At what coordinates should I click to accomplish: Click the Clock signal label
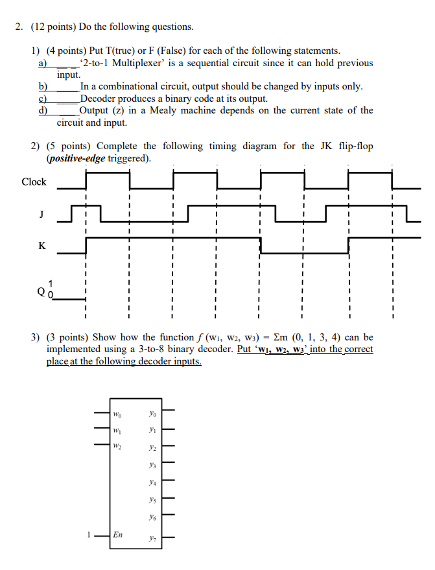tap(34, 182)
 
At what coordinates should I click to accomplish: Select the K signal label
tap(42, 245)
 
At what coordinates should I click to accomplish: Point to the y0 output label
tap(152, 413)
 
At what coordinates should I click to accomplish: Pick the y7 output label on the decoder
tap(152, 538)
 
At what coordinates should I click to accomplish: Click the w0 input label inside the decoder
tap(117, 413)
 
